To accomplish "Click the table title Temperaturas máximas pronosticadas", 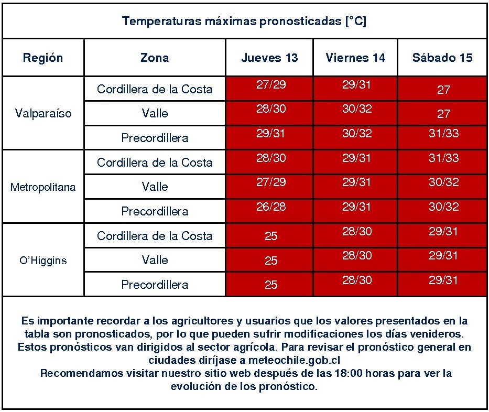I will pos(244,21).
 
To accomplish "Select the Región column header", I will pos(43,58).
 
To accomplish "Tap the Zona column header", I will pos(155,58).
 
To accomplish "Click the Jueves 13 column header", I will pos(269,58).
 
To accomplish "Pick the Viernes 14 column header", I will pos(355,58).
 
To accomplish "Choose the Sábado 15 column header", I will pos(442,58).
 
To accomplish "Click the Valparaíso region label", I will pos(44,113).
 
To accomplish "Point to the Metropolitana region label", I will pos(43,187).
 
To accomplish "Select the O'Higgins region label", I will pos(43,261).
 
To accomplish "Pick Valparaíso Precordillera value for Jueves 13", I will pos(271,134).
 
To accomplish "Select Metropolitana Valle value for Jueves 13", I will pos(271,182).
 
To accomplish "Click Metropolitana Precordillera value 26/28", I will pos(271,207).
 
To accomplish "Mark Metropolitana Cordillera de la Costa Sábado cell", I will pos(443,158).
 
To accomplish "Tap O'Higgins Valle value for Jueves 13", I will pos(271,261).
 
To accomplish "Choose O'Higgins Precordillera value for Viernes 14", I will pos(357,280).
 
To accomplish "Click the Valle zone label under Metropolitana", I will pos(155,187).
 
